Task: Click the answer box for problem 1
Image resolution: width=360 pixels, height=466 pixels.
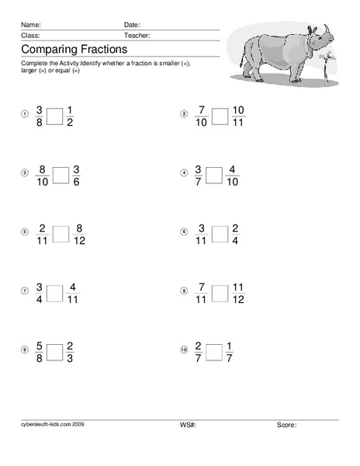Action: (x=55, y=116)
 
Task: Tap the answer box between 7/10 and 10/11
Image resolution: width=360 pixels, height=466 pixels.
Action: (x=220, y=116)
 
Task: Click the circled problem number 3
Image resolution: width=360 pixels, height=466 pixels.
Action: (x=24, y=172)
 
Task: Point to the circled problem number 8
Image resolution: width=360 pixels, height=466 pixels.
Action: (x=184, y=291)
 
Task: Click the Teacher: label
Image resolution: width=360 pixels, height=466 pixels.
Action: (x=137, y=36)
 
